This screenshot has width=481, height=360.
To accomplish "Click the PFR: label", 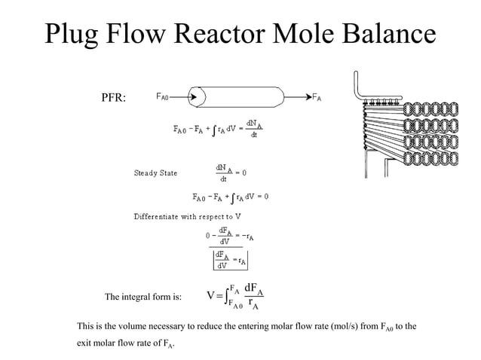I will (x=114, y=99).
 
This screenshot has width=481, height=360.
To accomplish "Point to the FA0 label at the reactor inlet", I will (x=163, y=97).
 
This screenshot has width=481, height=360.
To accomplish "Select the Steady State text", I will (x=155, y=173).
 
